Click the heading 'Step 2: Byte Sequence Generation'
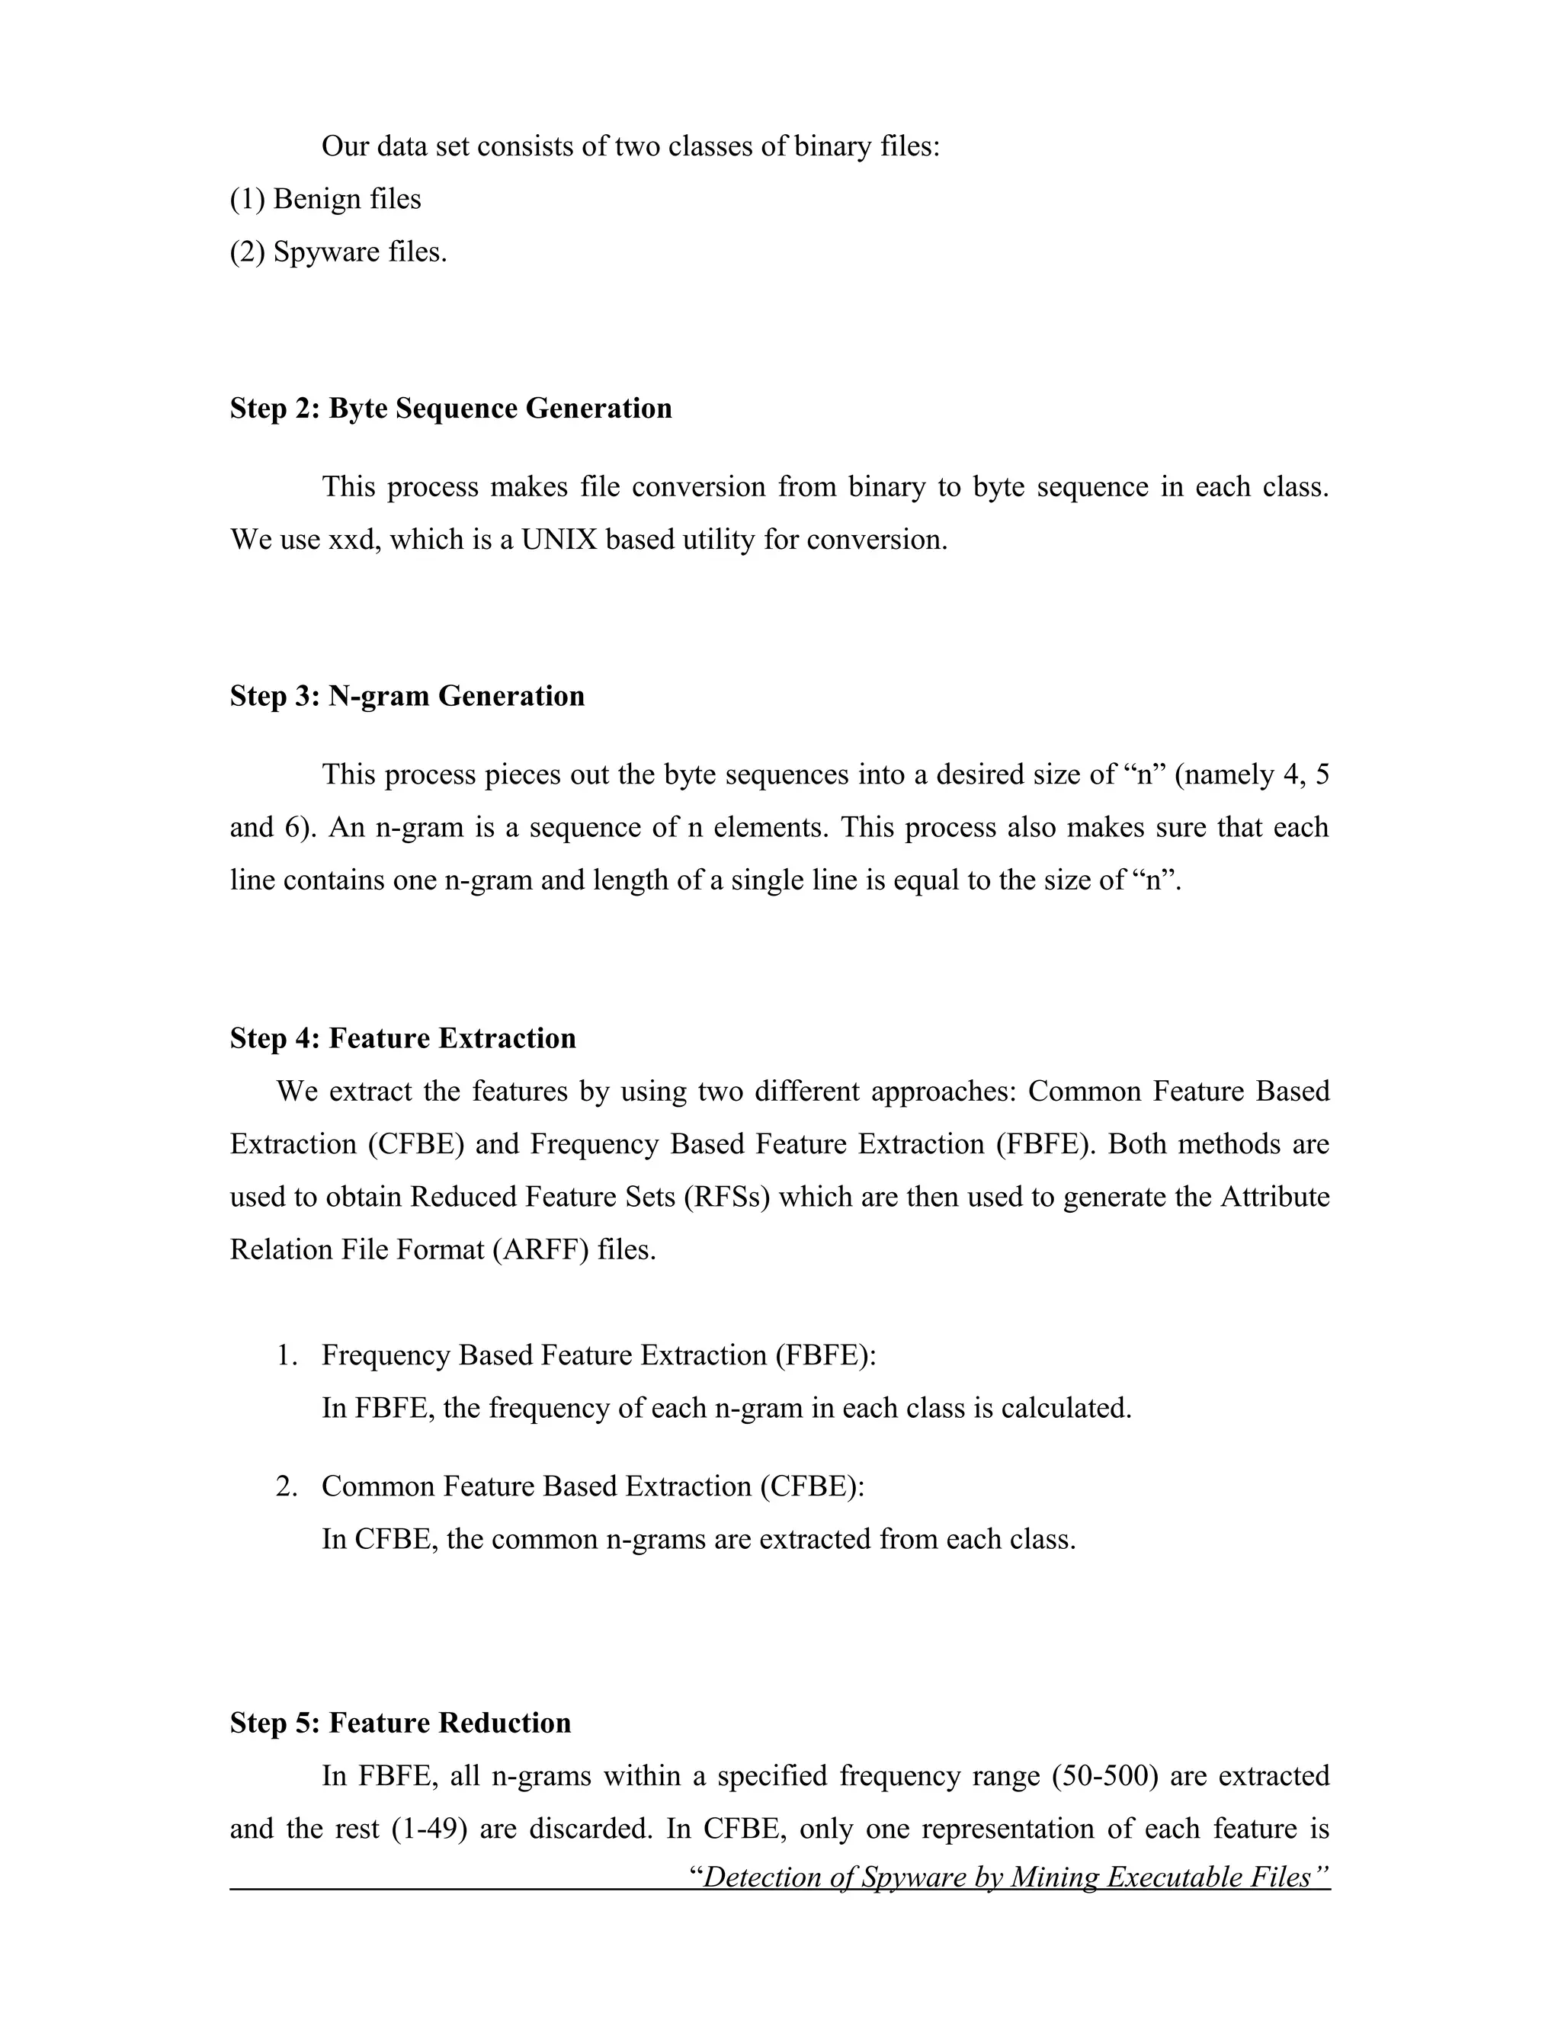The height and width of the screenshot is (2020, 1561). pos(450,408)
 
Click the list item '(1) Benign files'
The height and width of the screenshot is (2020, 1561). pos(325,199)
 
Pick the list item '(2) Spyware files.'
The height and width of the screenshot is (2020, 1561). pos(338,252)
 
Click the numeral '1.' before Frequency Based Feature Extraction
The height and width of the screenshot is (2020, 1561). pos(287,1356)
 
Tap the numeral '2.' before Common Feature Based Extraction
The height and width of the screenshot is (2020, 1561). pos(287,1486)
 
